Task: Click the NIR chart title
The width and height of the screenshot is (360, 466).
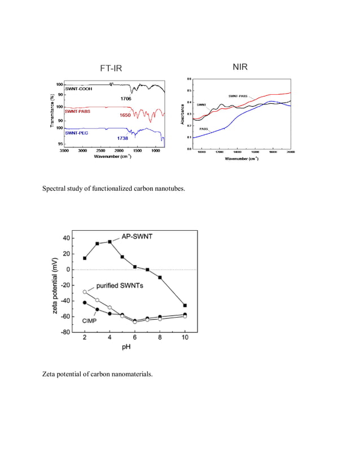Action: (240, 67)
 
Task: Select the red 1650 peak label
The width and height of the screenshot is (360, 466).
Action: (126, 115)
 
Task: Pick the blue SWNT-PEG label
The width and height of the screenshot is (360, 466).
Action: (76, 133)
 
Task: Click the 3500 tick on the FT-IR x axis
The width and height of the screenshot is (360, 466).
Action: (64, 151)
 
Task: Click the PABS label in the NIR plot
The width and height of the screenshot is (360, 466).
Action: (204, 129)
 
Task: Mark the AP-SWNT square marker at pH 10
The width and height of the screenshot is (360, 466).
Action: (185, 305)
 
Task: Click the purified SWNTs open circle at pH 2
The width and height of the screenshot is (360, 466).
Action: (85, 292)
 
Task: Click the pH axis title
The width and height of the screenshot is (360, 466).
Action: (134, 347)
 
